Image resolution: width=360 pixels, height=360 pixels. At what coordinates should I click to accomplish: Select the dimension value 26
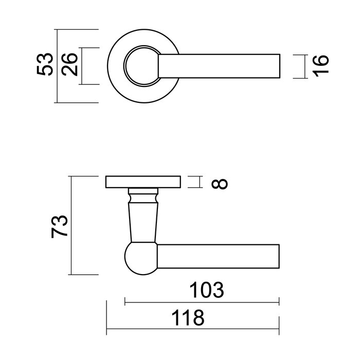coord(71,65)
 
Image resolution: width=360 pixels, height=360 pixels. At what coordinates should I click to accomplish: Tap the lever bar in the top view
coord(221,66)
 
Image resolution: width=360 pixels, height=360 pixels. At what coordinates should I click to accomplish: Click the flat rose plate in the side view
coord(143,183)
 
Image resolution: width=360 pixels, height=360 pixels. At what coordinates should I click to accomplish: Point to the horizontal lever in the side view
coord(219,257)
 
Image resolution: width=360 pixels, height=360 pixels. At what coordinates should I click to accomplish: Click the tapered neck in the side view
coord(141,221)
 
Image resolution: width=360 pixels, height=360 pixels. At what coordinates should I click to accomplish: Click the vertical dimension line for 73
coord(71,226)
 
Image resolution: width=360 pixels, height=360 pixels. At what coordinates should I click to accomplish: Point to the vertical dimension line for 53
coord(56,66)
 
